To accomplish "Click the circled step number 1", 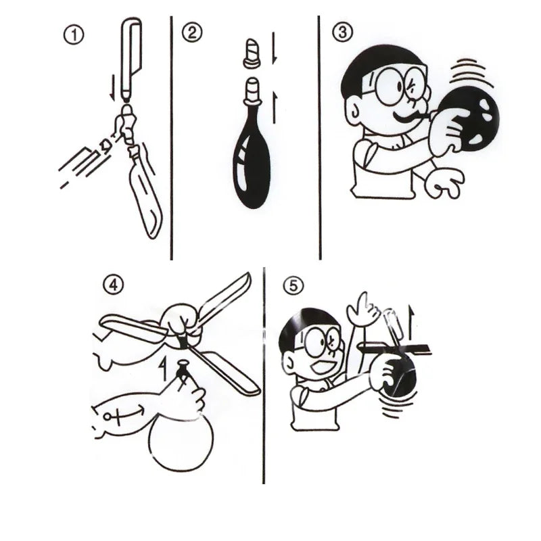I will point(74,35).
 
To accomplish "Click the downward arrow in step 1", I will point(112,85).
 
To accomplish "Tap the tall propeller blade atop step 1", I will point(131,54).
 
